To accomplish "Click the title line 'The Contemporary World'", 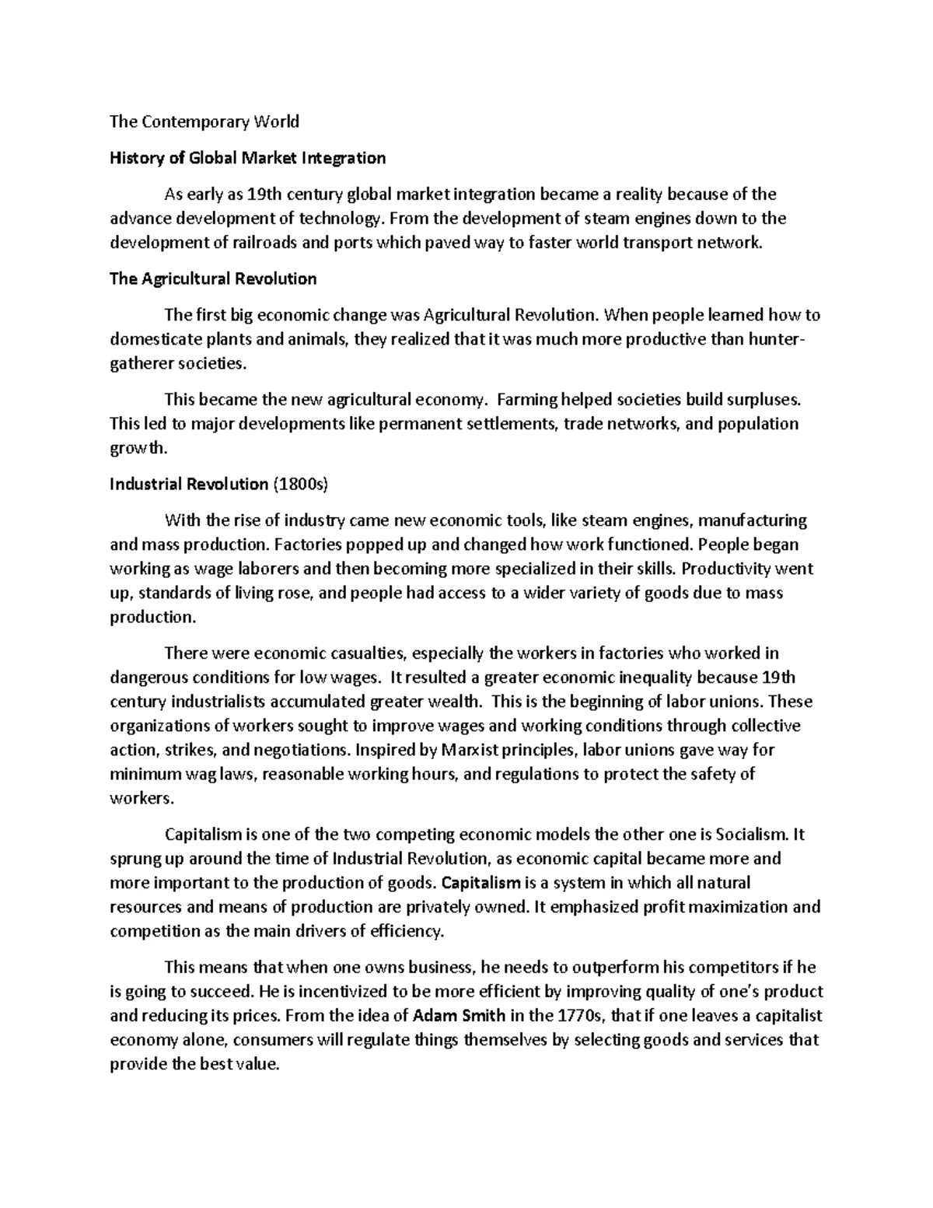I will [204, 121].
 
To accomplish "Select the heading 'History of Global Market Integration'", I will [248, 158].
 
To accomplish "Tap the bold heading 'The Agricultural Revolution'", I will [213, 278].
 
